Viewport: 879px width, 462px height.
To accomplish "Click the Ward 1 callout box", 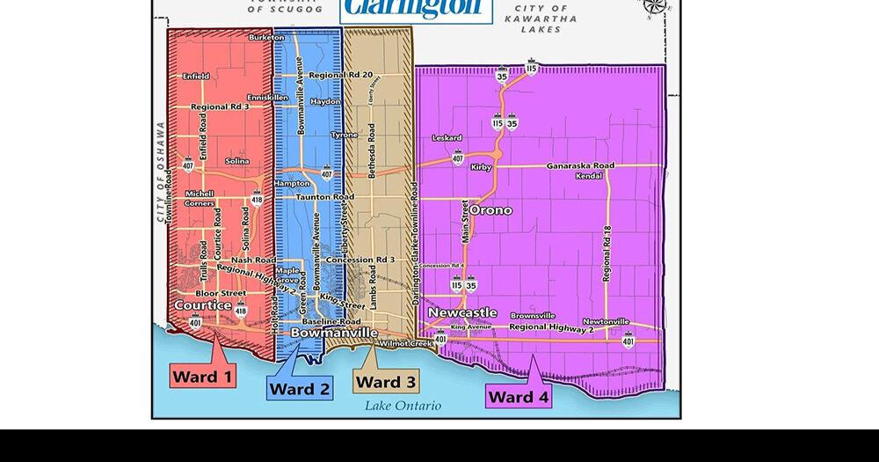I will click(203, 377).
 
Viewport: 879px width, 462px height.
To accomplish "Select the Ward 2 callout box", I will click(300, 389).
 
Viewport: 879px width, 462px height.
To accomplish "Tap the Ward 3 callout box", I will click(386, 381).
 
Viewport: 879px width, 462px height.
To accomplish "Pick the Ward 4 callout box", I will click(519, 396).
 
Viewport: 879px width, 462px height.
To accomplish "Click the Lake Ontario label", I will click(403, 406).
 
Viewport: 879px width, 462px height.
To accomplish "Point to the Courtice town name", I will click(203, 305).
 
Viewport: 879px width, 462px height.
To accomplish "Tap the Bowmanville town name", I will click(334, 334).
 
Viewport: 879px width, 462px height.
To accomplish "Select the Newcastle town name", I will click(462, 313).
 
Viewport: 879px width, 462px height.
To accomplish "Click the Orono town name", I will click(490, 210).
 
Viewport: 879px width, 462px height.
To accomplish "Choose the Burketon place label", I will click(266, 38).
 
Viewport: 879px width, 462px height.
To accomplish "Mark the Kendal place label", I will click(589, 176).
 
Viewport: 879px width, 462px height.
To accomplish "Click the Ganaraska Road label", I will click(580, 165).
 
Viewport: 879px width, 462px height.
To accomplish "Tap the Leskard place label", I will click(447, 138).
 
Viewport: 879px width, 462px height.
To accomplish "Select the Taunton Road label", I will click(325, 197).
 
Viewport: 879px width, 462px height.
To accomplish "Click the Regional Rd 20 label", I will click(341, 76).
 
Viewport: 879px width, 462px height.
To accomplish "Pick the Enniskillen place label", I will click(267, 97).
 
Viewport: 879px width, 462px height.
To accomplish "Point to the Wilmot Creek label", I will click(407, 343).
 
